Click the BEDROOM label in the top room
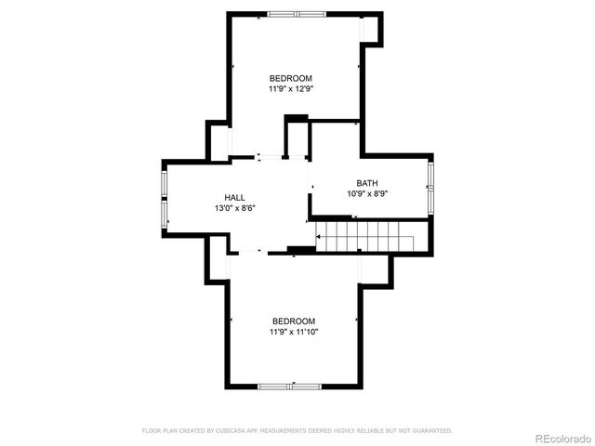click(x=291, y=78)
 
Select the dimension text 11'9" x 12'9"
click(x=291, y=90)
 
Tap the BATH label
click(x=367, y=183)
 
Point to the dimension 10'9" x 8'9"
click(x=367, y=194)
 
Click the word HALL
click(x=234, y=197)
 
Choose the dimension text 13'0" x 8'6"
click(x=234, y=208)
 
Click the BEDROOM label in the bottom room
click(x=294, y=321)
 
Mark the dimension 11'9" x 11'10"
click(x=294, y=332)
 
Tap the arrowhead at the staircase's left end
click(x=319, y=238)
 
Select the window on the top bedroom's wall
click(x=297, y=14)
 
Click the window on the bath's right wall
click(x=430, y=187)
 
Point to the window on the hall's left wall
click(x=165, y=198)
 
